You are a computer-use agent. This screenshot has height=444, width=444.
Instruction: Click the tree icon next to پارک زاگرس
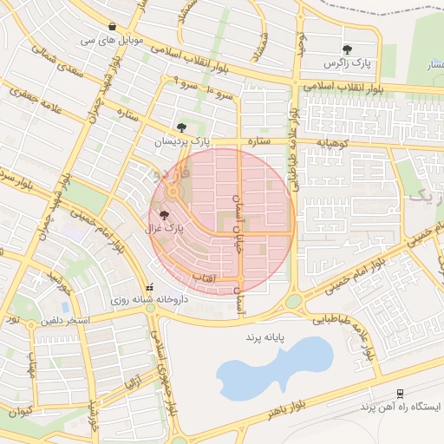pyautogui.click(x=348, y=49)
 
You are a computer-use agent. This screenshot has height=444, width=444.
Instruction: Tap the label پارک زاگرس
pyautogui.click(x=348, y=64)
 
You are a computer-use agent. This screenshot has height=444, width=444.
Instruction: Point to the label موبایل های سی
pyautogui.click(x=113, y=41)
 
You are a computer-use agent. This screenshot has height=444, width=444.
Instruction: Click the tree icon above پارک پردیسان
pyautogui.click(x=181, y=127)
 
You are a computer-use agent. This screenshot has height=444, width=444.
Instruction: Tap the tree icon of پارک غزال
pyautogui.click(x=164, y=215)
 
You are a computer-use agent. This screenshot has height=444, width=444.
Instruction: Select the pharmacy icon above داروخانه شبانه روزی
pyautogui.click(x=150, y=287)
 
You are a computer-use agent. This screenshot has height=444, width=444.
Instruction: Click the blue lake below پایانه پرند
pyautogui.click(x=274, y=368)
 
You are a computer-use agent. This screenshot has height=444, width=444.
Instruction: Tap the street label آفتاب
pyautogui.click(x=225, y=277)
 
